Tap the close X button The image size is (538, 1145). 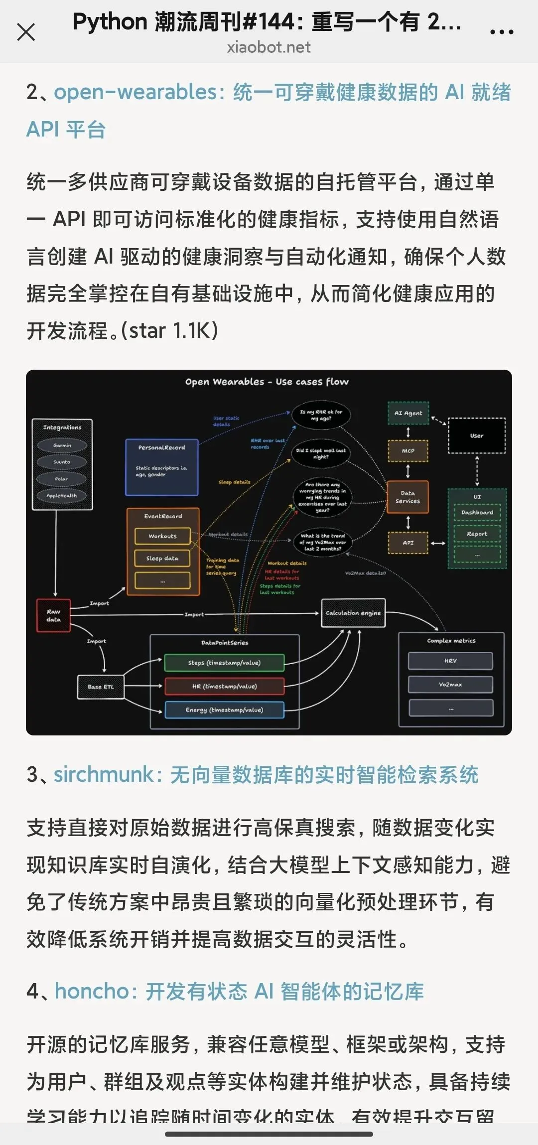(x=26, y=32)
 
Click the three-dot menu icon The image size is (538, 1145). (x=501, y=32)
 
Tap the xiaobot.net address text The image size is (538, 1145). (x=269, y=47)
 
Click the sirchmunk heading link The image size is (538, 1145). (x=266, y=775)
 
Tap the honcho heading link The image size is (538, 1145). (x=239, y=991)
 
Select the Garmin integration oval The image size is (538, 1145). (x=62, y=445)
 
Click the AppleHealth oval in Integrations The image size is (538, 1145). (x=62, y=496)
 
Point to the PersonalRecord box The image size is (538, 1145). (x=161, y=467)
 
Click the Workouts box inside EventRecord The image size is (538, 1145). (x=162, y=536)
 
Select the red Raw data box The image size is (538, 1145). (x=53, y=615)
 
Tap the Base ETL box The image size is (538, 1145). (x=101, y=687)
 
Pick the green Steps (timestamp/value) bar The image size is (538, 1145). (x=224, y=663)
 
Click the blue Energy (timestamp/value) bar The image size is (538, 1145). (x=224, y=710)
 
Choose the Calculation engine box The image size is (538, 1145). (x=353, y=613)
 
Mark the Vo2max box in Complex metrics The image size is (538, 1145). (x=450, y=685)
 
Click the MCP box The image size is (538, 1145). (x=408, y=451)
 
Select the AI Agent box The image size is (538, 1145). (x=408, y=413)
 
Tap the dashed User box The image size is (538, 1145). (x=477, y=435)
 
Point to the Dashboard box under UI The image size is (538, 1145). (x=477, y=512)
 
